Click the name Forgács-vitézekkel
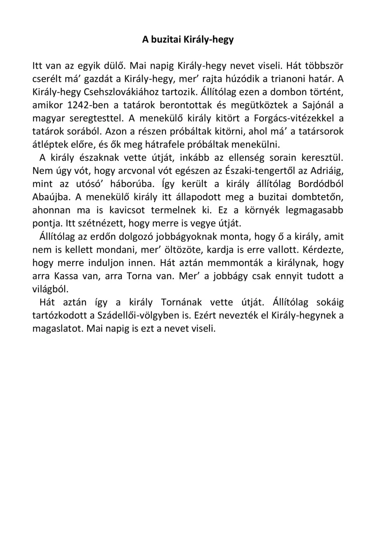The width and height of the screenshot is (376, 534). pos(294,119)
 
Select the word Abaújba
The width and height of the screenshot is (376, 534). pos(52,197)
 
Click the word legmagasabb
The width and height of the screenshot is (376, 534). pos(314,210)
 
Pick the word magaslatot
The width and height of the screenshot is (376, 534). pos(58,329)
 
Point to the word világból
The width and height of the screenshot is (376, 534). pos(50,289)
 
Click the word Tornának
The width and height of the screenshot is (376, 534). pos(181,303)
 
